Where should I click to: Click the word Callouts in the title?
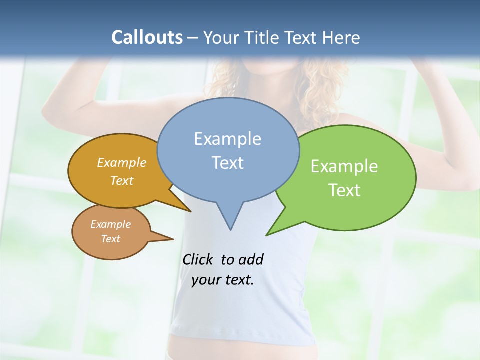click(x=147, y=37)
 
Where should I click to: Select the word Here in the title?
click(x=341, y=37)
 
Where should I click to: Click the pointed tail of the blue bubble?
click(x=230, y=220)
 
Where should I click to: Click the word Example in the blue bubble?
click(x=227, y=139)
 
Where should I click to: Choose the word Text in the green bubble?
click(x=344, y=190)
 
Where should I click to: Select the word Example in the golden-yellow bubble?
click(x=122, y=162)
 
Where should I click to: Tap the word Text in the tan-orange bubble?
click(x=111, y=239)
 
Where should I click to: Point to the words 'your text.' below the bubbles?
click(x=223, y=280)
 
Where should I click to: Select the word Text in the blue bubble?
click(x=227, y=163)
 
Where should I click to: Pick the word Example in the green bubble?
click(x=344, y=166)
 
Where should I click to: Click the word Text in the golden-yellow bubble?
click(x=122, y=180)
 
